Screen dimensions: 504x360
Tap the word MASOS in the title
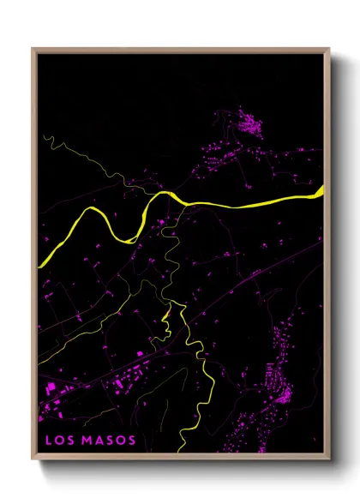coord(109,441)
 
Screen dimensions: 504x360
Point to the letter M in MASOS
coord(87,441)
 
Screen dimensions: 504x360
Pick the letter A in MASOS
coord(99,441)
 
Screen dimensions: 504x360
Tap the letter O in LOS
coord(58,441)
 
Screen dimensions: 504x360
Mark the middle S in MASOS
coord(109,441)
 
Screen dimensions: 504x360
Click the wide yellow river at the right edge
coord(321,192)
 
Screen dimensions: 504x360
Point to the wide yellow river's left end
coord(40,266)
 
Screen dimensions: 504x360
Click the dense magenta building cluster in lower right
coord(279,391)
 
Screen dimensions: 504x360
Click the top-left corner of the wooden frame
coord(33,49)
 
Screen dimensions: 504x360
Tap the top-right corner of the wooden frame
coord(329,49)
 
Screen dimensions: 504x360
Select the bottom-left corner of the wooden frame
coord(33,460)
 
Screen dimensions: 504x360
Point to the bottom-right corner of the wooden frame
coord(329,460)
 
